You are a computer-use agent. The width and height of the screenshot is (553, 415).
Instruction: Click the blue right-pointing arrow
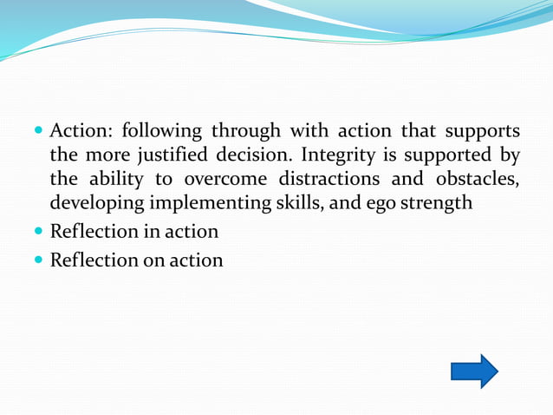point(474,372)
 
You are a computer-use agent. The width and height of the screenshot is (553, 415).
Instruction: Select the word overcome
point(223,181)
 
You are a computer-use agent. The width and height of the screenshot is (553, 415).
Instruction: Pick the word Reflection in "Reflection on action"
point(93,260)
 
